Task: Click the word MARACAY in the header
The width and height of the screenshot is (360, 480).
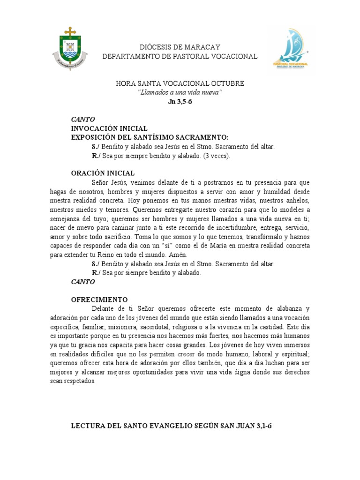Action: click(x=202, y=47)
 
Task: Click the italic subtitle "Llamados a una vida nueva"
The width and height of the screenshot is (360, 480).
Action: click(x=180, y=92)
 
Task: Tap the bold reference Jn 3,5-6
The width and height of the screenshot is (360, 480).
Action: click(x=180, y=101)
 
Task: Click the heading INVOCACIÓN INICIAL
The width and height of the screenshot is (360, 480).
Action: click(x=109, y=128)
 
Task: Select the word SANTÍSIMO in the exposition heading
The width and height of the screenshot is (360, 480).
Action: click(x=155, y=137)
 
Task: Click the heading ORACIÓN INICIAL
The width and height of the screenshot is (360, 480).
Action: click(x=103, y=173)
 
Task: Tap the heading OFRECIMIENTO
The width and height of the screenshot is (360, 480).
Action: click(x=99, y=299)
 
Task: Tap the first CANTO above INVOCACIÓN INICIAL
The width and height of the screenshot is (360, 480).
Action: click(x=83, y=119)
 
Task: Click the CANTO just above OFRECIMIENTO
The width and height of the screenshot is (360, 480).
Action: click(x=83, y=282)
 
